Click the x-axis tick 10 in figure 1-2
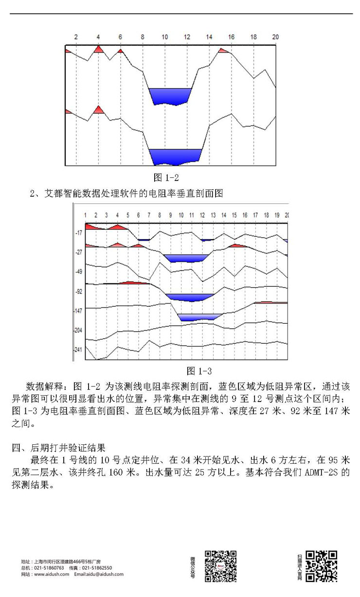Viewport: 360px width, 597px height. click(x=165, y=37)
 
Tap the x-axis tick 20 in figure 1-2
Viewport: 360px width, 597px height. click(x=275, y=37)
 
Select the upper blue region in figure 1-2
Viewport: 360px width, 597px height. click(x=170, y=95)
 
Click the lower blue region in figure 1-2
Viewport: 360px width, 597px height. click(x=175, y=156)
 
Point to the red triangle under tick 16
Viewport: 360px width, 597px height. click(x=223, y=50)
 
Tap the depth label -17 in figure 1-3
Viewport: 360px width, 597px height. click(x=78, y=233)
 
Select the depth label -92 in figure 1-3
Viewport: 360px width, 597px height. click(x=78, y=292)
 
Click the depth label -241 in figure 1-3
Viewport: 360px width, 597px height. click(x=78, y=350)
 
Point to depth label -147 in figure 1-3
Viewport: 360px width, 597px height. click(x=78, y=311)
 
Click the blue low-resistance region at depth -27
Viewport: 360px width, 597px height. click(x=185, y=258)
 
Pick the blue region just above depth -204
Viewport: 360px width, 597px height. click(x=199, y=317)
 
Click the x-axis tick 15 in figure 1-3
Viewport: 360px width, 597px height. click(x=234, y=215)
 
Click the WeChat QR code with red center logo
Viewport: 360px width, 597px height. click(x=221, y=566)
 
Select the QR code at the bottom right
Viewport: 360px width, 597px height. click(x=322, y=566)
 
